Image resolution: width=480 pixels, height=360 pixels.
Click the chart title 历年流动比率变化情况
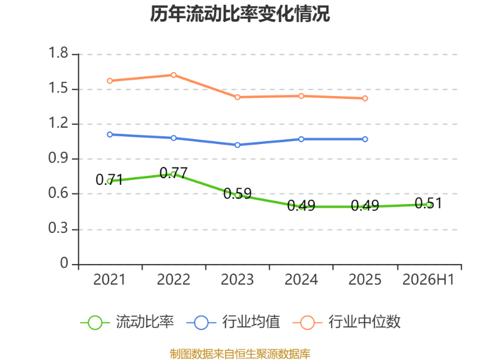[239, 14]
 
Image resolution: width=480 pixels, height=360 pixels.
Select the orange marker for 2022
[173, 75]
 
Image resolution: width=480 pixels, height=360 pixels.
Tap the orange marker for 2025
[365, 98]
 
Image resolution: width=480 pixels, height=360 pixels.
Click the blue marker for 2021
[110, 134]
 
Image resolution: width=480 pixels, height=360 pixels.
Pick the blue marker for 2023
[238, 145]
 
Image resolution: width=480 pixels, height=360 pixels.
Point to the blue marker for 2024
[301, 139]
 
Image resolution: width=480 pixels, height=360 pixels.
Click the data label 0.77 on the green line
[173, 173]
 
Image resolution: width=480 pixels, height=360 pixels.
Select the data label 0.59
[238, 193]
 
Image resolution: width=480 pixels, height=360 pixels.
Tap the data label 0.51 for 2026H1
[428, 203]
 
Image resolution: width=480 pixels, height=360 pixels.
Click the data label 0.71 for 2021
[109, 179]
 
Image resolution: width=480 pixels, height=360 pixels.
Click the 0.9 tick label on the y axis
[58, 158]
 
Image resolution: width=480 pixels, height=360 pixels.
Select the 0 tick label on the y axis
[64, 263]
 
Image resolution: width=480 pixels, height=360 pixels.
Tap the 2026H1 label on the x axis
[428, 280]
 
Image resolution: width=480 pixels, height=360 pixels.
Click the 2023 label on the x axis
[237, 280]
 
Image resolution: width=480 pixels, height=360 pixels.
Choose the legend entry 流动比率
[127, 322]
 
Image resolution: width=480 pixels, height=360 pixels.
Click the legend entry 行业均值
[233, 322]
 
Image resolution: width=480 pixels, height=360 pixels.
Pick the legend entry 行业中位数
[347, 322]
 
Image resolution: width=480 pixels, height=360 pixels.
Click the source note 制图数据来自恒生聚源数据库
[240, 354]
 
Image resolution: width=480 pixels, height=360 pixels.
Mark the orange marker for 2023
[238, 97]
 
